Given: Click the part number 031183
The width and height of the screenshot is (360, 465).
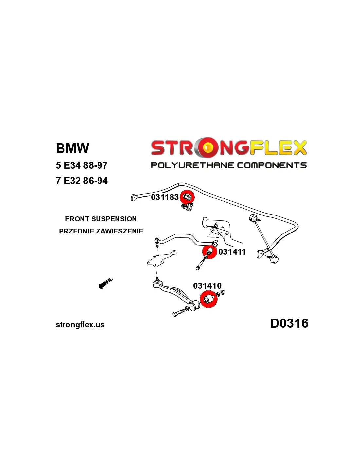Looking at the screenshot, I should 165,197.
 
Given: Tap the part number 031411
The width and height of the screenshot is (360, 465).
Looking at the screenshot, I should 232,252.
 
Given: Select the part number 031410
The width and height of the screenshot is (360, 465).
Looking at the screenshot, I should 207,286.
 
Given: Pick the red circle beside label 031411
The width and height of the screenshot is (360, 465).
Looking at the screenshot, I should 209,252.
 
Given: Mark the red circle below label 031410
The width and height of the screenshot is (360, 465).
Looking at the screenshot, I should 208,299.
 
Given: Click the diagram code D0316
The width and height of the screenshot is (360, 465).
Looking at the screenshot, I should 289,323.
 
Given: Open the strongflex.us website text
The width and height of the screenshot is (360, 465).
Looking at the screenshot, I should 80,325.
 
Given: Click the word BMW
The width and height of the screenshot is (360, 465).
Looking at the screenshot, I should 72,148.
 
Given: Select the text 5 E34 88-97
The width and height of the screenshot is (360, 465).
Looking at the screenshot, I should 81,165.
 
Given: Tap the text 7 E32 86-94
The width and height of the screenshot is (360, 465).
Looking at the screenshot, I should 81,181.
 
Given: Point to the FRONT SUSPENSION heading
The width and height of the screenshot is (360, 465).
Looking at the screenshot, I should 101,219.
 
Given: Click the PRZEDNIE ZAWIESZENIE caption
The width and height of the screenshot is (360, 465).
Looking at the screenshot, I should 101,231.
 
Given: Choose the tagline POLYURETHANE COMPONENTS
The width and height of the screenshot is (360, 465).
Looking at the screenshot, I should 228,165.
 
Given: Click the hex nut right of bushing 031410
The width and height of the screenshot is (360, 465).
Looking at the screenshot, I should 222,292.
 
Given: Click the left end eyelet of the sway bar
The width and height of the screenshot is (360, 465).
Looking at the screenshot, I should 134,198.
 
